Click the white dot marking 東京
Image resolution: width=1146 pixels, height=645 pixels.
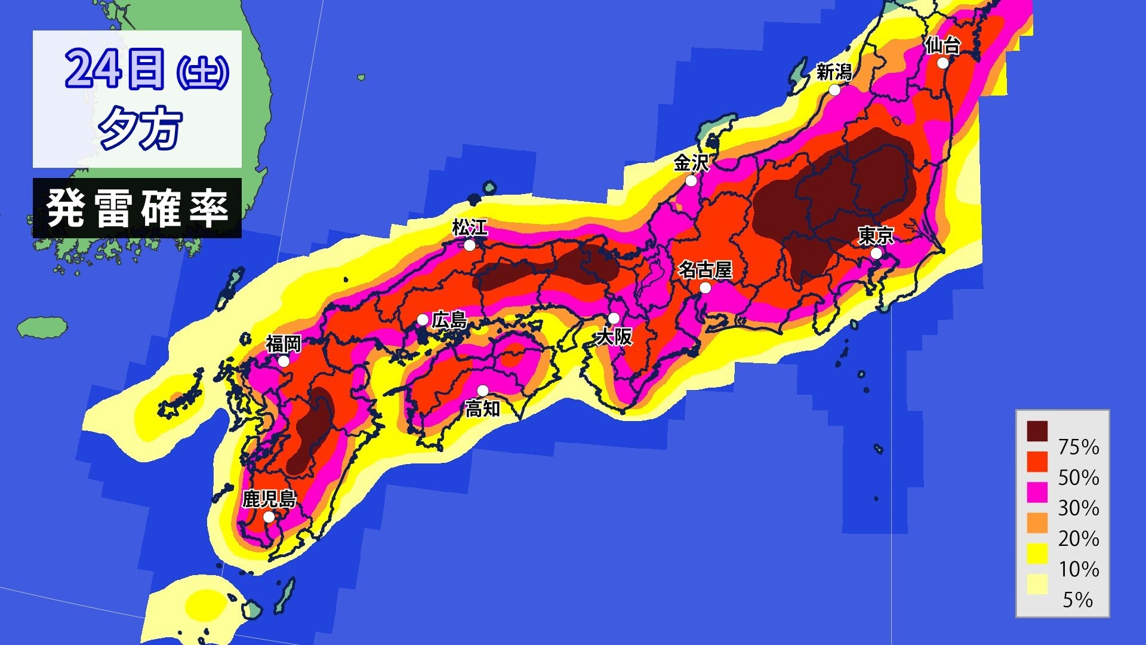click(x=876, y=253)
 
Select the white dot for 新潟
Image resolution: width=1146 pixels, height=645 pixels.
click(x=834, y=90)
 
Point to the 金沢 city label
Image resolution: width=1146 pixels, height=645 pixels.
click(x=691, y=162)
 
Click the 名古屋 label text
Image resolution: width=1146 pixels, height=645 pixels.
click(x=705, y=270)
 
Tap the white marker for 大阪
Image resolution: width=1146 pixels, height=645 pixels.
click(x=614, y=318)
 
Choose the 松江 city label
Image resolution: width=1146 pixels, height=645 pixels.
click(x=470, y=228)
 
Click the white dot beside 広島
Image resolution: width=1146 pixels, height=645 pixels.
click(x=423, y=320)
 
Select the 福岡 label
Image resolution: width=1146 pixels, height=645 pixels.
click(x=284, y=344)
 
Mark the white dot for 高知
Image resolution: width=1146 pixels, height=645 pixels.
click(x=483, y=391)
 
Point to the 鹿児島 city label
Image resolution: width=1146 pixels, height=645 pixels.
click(x=269, y=499)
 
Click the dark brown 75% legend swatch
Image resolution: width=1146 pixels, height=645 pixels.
click(x=1037, y=431)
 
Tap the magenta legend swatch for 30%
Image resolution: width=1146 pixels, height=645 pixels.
click(x=1037, y=492)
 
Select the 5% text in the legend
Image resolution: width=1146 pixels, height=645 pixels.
click(x=1078, y=600)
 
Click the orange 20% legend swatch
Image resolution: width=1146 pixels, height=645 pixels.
click(x=1037, y=523)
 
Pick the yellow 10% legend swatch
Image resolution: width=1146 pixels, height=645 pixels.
click(x=1037, y=553)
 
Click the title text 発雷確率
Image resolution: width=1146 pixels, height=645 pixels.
click(x=137, y=208)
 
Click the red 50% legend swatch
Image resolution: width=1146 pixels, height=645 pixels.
click(x=1037, y=462)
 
